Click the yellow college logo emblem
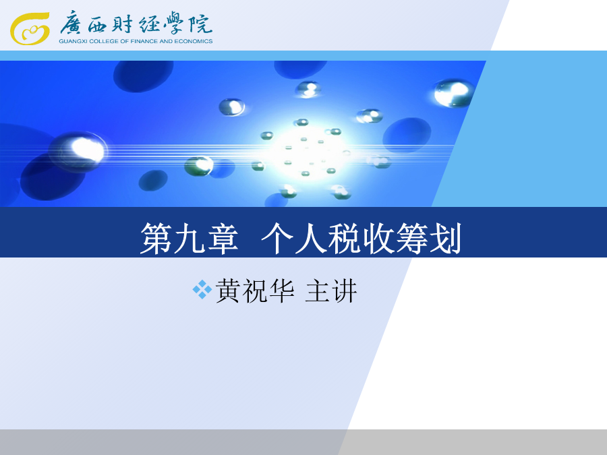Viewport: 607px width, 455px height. pyautogui.click(x=30, y=28)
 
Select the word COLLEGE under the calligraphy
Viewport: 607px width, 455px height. pyautogui.click(x=104, y=41)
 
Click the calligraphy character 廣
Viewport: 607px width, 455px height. pyautogui.click(x=71, y=23)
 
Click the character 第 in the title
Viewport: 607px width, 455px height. pyautogui.click(x=156, y=239)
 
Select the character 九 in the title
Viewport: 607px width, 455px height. pyautogui.click(x=190, y=239)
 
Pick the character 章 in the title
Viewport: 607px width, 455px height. pyautogui.click(x=223, y=239)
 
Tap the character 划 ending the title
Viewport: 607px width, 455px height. pyautogui.click(x=445, y=239)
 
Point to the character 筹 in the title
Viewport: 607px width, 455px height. pyautogui.click(x=411, y=239)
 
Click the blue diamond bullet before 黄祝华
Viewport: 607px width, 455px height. pyautogui.click(x=202, y=289)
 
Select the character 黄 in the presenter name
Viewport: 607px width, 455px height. pyautogui.click(x=229, y=291)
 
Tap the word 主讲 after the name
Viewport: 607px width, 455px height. pyautogui.click(x=331, y=291)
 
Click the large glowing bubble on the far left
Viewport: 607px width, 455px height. pyautogui.click(x=80, y=152)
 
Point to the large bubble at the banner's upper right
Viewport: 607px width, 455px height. pyautogui.click(x=454, y=93)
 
